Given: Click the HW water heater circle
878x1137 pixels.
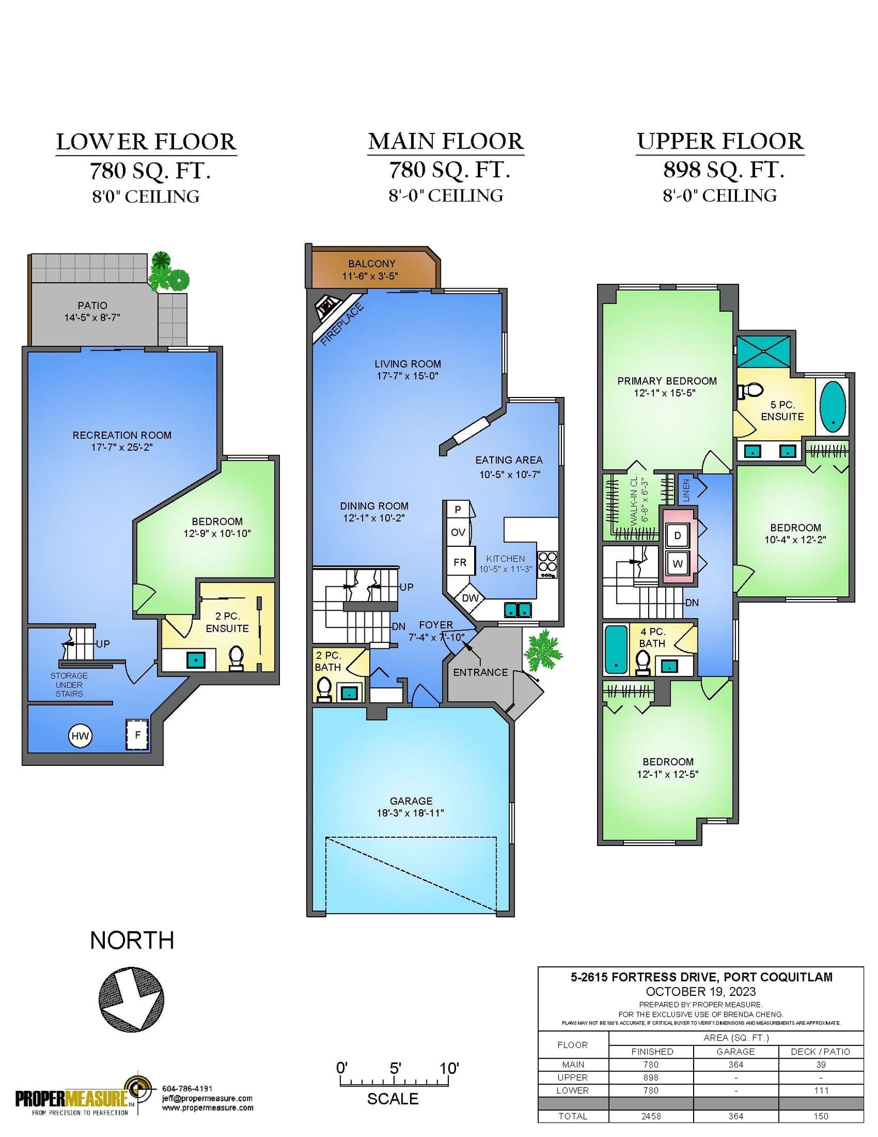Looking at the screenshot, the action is [x=80, y=736].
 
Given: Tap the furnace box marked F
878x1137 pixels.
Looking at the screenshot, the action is [x=137, y=735].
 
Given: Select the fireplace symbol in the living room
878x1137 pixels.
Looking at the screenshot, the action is [x=327, y=307].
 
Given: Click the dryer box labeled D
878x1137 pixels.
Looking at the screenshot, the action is [x=678, y=535].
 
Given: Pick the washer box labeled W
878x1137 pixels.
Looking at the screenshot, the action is [x=678, y=564].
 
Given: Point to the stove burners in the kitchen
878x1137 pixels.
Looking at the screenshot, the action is [x=548, y=564].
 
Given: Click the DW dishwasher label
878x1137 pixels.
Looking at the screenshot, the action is [x=470, y=598].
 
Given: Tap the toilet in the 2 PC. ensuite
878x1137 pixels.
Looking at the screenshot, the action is [x=236, y=658].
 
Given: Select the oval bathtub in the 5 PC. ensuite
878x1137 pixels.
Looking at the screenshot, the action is [x=832, y=407].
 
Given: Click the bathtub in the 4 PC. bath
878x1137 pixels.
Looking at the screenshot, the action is [x=616, y=649].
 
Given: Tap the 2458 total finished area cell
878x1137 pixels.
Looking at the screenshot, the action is [x=651, y=1116].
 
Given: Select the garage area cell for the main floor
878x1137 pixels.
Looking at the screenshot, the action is [x=736, y=1065].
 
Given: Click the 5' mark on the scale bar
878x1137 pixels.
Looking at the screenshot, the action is [x=395, y=1068].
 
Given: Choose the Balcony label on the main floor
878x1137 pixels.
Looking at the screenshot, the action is [x=372, y=264].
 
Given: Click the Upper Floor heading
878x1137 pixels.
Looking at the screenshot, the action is [x=720, y=141].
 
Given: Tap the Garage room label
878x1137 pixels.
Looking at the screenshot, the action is [x=411, y=801].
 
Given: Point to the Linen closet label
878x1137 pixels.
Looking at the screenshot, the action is [x=686, y=490].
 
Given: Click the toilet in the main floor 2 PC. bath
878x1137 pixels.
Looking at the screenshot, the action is [x=324, y=690].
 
